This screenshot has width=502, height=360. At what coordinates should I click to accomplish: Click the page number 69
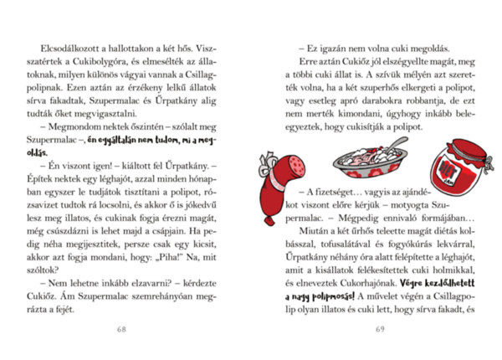pyautogui.click(x=379, y=328)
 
